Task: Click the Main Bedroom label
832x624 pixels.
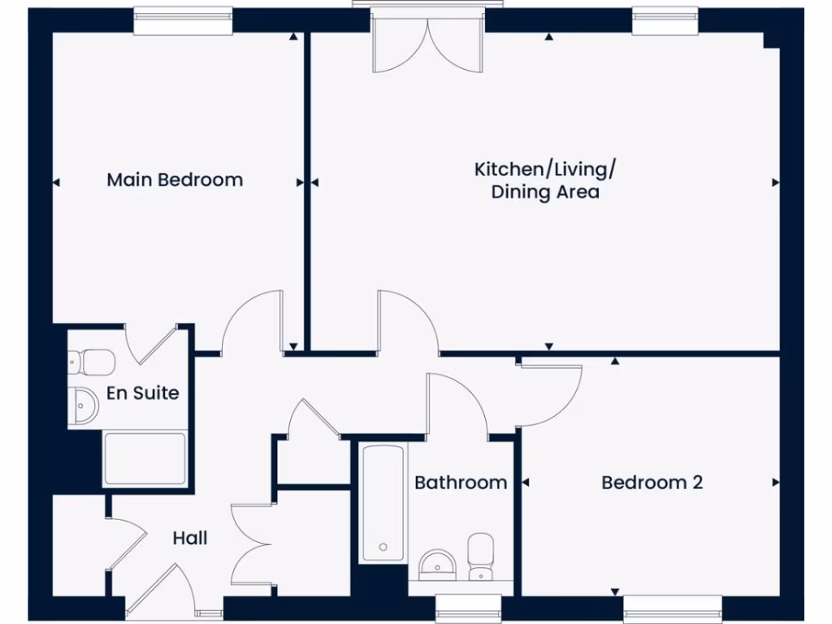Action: [175, 180]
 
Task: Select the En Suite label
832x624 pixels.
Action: [143, 393]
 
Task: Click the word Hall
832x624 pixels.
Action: [190, 538]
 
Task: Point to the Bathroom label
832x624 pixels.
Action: [461, 483]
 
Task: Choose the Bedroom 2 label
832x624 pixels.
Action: [652, 483]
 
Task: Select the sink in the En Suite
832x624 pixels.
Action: [83, 404]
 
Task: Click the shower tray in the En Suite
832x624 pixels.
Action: [145, 459]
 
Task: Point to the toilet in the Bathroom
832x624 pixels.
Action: [481, 557]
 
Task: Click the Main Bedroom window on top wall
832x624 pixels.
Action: [183, 22]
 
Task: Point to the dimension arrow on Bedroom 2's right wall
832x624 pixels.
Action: [775, 483]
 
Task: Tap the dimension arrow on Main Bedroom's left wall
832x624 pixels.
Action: [56, 183]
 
